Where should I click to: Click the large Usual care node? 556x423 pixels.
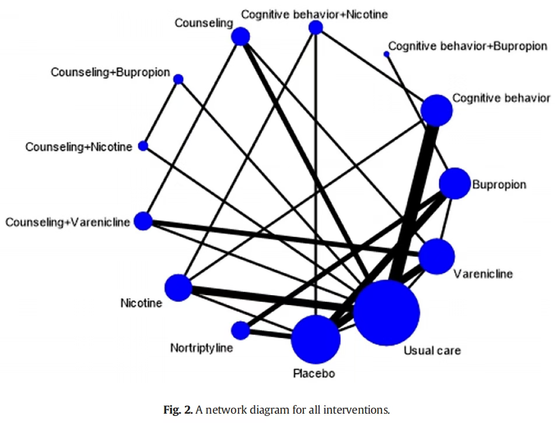tap(387, 313)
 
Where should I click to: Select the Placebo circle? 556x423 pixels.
tap(316, 340)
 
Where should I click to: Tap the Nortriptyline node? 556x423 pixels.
tap(240, 330)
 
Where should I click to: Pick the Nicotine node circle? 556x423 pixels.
tap(179, 288)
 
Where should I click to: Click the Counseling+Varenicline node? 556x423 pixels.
tap(143, 221)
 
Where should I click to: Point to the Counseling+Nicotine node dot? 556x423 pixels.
tap(143, 146)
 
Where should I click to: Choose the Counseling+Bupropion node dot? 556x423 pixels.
tap(179, 79)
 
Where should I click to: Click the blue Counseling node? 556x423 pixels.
tap(240, 37)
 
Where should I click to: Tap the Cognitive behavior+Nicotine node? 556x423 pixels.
tap(316, 27)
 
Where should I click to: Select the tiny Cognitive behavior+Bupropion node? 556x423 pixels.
tap(386, 54)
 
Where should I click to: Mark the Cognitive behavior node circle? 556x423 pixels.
tap(436, 110)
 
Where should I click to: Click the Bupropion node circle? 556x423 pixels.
tap(454, 183)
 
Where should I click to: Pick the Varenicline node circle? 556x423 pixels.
tap(436, 256)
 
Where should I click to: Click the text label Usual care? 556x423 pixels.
tap(432, 350)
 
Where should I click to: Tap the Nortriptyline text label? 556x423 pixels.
tap(201, 348)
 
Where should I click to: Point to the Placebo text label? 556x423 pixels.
tap(314, 373)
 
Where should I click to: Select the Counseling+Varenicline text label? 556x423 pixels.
tap(67, 222)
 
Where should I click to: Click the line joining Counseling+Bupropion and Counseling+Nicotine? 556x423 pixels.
tap(160, 113)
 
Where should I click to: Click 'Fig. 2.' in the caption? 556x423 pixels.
tap(178, 410)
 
